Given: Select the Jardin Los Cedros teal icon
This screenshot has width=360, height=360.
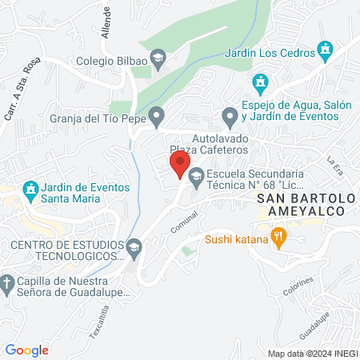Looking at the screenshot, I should [325, 53].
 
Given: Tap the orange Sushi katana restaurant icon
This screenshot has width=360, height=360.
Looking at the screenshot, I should [278, 236].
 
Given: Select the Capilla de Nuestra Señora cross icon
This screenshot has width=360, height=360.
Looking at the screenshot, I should [7, 283].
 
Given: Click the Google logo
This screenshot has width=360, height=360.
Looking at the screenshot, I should [26, 350].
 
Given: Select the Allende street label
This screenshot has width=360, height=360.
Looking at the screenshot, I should [106, 16].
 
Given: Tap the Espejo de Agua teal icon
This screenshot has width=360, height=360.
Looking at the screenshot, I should [260, 82].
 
